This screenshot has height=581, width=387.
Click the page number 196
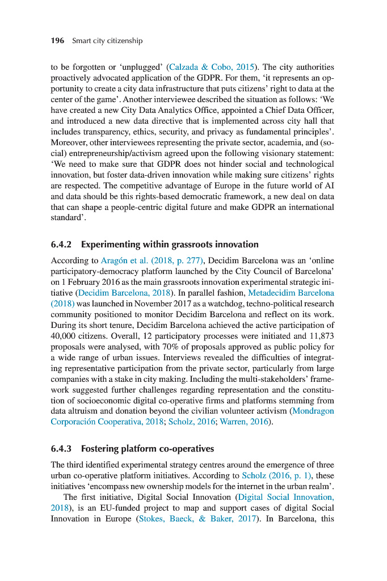pyautogui.click(x=57, y=41)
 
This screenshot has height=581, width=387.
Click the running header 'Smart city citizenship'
pyautogui.click(x=107, y=41)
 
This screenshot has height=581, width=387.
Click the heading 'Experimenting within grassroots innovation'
pyautogui.click(x=170, y=245)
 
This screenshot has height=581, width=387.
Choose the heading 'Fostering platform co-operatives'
pyautogui.click(x=148, y=449)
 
